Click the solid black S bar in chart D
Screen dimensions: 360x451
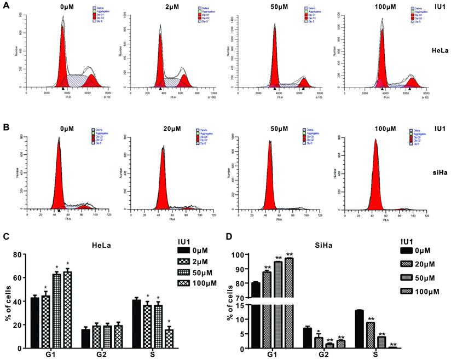(360, 329)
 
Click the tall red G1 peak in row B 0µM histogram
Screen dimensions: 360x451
(57, 181)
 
